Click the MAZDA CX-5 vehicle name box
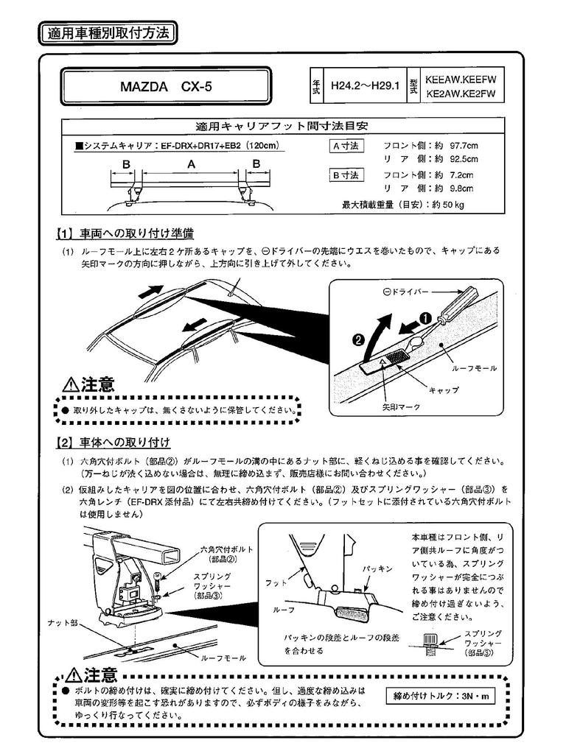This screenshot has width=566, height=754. tap(166, 86)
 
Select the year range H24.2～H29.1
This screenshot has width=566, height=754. tap(365, 85)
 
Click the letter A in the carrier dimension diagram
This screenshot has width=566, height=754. tap(190, 165)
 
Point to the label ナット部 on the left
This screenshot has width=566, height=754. tap(62, 622)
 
